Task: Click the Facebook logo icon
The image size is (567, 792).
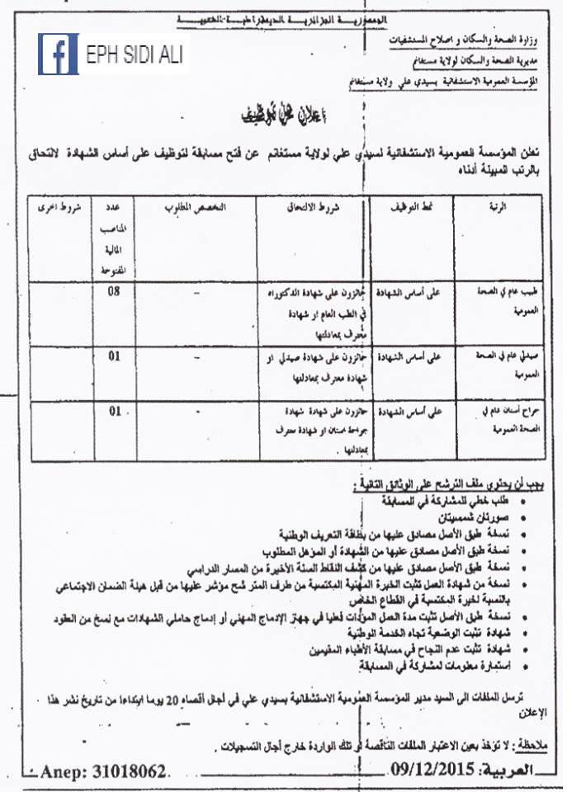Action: [x=58, y=54]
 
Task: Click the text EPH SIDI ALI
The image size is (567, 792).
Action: [x=135, y=55]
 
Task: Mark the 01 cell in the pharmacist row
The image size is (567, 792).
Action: [x=116, y=357]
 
